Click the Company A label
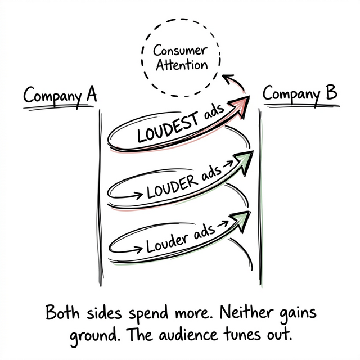[60, 95]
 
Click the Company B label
[300, 93]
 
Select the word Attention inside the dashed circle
[180, 65]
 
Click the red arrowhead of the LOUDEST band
[242, 104]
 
